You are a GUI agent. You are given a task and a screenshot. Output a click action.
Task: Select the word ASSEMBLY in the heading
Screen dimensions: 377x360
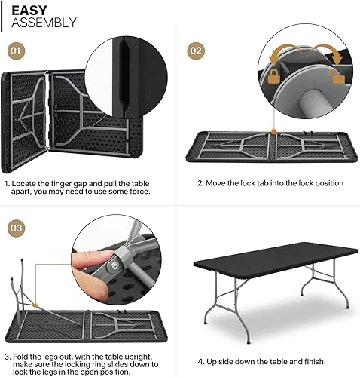tap(44, 23)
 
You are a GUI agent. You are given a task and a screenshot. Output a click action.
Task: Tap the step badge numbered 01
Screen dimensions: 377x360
tap(17, 51)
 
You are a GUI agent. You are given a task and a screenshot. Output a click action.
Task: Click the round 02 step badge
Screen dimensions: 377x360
tap(196, 51)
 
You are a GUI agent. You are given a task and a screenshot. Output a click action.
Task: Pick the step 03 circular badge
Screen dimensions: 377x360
tap(17, 228)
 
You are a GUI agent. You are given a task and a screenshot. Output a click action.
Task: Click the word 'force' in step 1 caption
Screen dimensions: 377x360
tap(138, 192)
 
